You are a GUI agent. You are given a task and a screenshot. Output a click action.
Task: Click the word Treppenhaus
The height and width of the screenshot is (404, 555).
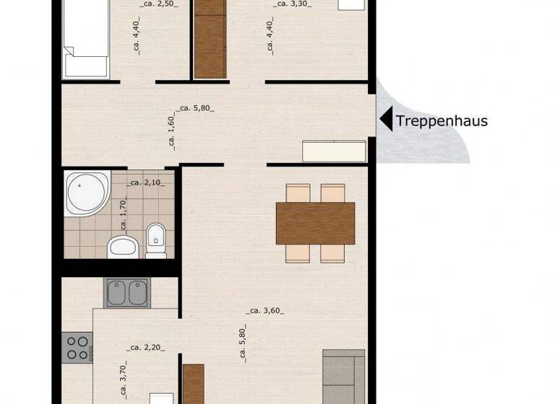click(x=442, y=120)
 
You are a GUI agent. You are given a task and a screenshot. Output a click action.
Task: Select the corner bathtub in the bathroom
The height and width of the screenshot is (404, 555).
click(x=85, y=193)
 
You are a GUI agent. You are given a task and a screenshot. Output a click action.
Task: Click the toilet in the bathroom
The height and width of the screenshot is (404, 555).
click(x=155, y=240)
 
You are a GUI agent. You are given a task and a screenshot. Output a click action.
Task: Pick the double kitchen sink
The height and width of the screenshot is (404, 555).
click(x=127, y=292)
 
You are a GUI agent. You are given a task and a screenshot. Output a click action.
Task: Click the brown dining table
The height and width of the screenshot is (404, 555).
click(x=315, y=222)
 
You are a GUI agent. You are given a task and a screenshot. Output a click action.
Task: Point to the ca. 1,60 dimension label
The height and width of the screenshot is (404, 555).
click(x=171, y=132)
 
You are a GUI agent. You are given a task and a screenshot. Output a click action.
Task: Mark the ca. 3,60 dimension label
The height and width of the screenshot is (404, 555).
click(x=264, y=311)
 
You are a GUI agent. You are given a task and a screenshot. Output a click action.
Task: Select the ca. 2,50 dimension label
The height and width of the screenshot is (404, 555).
click(x=158, y=4)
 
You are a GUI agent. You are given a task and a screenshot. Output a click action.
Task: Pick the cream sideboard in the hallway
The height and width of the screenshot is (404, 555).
click(x=334, y=151)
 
